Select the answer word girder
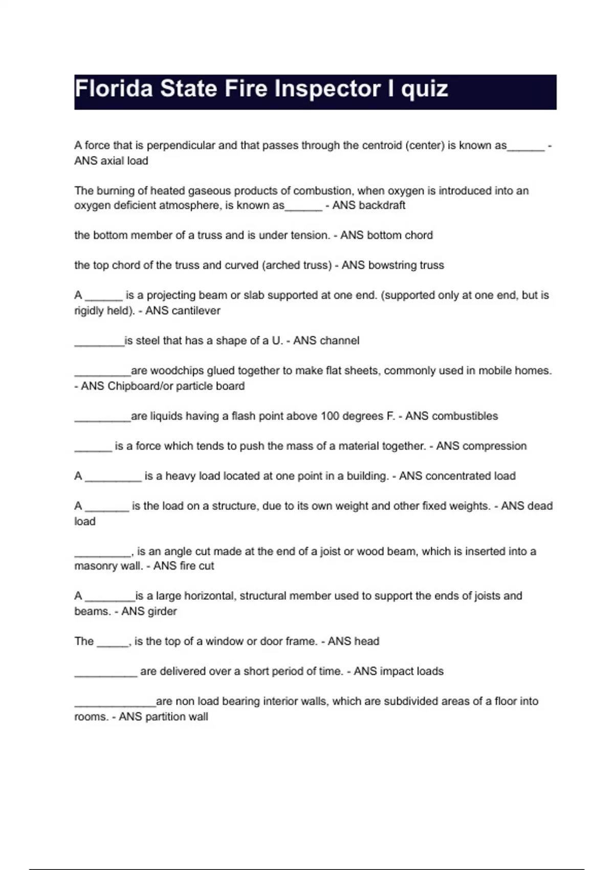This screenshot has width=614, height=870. point(161,611)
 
